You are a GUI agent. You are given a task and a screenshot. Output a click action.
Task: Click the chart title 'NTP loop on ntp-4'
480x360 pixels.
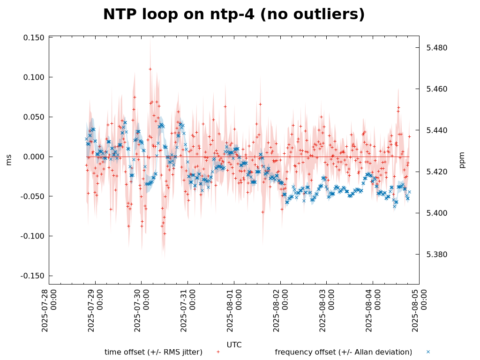click(x=233, y=15)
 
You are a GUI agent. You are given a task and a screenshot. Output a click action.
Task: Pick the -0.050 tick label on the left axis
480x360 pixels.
click(x=33, y=196)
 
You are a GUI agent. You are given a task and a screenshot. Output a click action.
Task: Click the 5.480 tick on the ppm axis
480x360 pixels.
click(x=436, y=48)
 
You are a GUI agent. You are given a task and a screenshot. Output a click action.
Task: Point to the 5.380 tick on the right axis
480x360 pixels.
click(x=436, y=255)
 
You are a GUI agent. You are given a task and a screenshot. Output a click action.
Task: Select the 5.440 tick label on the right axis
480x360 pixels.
click(x=436, y=130)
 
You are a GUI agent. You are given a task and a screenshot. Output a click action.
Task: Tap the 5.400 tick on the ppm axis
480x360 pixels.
click(x=436, y=213)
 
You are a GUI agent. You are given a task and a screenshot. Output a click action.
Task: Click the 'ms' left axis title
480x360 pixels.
click(x=8, y=160)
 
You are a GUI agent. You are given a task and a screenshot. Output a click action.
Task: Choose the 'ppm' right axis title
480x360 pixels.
click(x=462, y=160)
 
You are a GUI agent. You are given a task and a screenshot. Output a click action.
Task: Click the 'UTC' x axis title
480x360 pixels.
click(x=234, y=345)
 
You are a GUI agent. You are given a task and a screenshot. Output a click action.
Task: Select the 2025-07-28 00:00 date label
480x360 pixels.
click(x=49, y=310)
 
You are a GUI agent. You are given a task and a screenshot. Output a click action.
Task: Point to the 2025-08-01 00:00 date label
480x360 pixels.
click(x=234, y=310)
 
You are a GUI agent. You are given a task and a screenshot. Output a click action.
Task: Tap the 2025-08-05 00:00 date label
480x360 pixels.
click(x=419, y=310)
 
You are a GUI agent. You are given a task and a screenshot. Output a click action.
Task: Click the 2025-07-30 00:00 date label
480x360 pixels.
click(x=142, y=310)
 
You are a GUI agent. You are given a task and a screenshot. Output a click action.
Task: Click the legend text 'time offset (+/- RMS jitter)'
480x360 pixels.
click(x=153, y=352)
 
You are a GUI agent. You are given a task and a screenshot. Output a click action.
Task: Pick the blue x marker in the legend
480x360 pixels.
click(x=428, y=352)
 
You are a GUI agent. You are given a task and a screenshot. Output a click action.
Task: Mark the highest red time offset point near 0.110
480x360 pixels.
click(x=150, y=69)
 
